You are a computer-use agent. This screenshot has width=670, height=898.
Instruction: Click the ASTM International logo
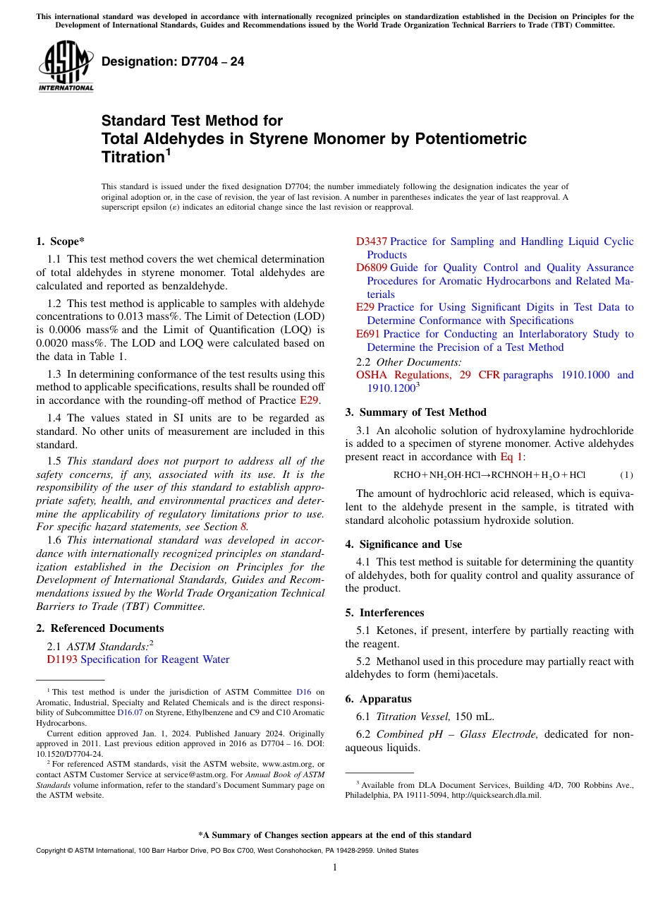coord(65,67)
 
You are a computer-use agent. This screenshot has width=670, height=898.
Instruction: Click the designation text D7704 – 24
coord(173,61)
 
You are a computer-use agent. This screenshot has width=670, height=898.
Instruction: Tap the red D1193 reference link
coord(62,659)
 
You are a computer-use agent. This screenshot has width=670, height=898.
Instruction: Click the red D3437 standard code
coord(372,241)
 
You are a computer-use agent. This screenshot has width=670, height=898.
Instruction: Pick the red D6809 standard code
coord(372,268)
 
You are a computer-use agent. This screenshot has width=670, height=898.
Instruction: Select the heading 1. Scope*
coord(60,241)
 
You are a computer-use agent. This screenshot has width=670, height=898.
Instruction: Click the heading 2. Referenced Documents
coord(99,628)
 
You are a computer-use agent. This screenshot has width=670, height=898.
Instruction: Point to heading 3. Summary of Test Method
coord(415,412)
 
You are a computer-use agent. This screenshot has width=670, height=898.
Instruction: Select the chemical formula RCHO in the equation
coord(406,475)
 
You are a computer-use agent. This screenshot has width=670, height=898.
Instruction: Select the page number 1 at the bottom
coord(335,867)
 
